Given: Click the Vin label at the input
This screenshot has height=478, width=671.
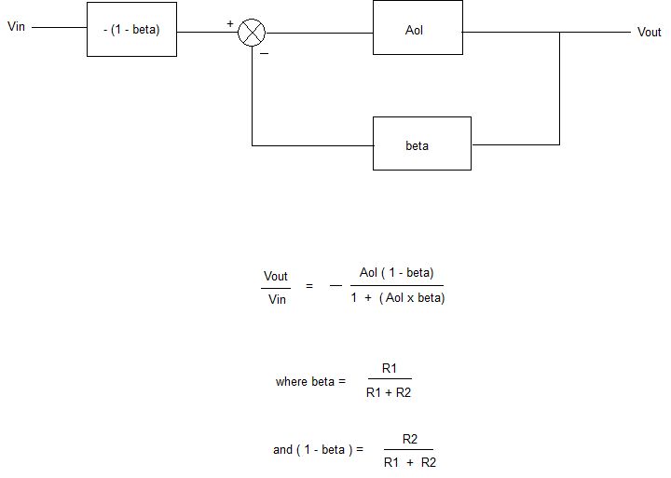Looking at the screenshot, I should (x=17, y=27).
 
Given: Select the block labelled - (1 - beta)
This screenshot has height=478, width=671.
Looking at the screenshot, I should (x=131, y=29).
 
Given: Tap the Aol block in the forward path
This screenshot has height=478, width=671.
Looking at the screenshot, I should (x=417, y=29).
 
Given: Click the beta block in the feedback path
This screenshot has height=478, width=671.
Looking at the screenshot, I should (x=421, y=145).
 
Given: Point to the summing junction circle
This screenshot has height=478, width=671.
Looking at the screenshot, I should (x=252, y=33).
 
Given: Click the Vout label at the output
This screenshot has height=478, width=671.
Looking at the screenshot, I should (x=649, y=33).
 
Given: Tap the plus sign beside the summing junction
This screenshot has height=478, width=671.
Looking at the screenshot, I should (x=230, y=22).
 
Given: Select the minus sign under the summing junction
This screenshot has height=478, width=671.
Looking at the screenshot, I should (x=265, y=54).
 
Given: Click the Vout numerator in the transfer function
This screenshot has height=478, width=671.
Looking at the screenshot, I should (x=276, y=276).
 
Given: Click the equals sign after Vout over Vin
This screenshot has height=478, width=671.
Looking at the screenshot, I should (x=309, y=287).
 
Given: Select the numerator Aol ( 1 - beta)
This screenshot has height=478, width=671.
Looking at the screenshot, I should (x=395, y=273).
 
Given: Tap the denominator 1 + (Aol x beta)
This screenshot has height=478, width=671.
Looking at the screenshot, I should (x=398, y=298).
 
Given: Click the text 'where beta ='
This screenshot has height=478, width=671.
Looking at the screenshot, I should (x=310, y=382).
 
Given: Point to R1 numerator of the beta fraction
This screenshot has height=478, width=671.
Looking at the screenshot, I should (x=390, y=369).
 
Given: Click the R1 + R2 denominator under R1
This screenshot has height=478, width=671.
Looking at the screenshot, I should (x=389, y=393).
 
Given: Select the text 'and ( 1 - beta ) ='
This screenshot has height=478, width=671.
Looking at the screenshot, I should (x=317, y=449).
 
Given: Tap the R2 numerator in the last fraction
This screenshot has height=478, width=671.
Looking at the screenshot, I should (x=409, y=438).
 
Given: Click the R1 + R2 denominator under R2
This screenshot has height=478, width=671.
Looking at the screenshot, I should (x=409, y=462).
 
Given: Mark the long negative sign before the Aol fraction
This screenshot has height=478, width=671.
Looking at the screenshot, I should (x=335, y=287).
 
